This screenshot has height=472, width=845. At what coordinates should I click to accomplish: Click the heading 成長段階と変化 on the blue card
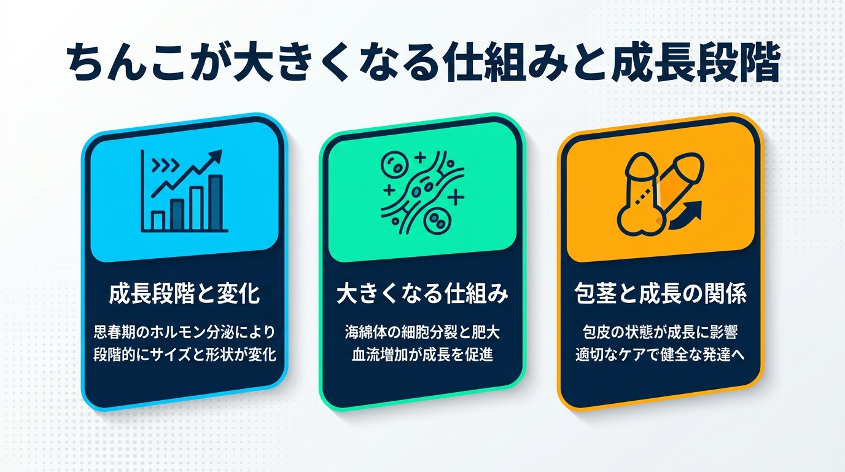point(184,294)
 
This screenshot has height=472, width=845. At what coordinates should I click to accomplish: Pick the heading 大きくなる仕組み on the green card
point(422,294)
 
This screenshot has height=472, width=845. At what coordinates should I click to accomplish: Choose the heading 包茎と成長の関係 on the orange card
point(660,294)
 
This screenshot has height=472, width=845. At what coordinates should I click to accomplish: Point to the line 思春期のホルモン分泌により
point(184,332)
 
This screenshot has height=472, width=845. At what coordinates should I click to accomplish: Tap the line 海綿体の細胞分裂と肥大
point(422,332)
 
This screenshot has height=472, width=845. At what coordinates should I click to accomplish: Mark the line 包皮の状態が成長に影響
point(660,332)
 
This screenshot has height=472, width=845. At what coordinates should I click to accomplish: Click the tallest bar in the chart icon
point(216,202)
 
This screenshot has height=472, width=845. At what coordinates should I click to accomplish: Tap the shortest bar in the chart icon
point(158,220)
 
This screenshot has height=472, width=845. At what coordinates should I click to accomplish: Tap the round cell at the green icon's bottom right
point(437,218)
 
